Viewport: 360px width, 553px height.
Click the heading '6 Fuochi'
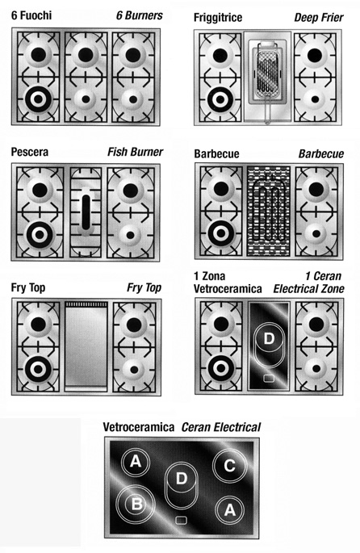tap(31, 15)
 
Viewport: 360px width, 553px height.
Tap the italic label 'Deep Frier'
tap(319, 17)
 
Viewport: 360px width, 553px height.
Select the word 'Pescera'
tap(30, 152)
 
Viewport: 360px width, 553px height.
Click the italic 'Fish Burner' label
tap(135, 152)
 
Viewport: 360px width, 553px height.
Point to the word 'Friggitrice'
tap(218, 18)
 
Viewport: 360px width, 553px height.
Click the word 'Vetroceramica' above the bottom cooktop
tap(139, 427)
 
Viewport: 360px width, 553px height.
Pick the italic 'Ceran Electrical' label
tap(221, 427)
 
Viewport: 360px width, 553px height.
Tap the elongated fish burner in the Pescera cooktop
tap(86, 213)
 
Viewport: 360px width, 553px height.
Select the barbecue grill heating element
tap(268, 210)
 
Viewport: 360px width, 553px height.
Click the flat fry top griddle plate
tap(86, 346)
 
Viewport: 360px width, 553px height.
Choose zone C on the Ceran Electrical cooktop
tap(229, 465)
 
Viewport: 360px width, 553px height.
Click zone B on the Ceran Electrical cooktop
tap(136, 504)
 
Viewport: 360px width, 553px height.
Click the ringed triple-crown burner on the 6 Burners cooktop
tap(39, 99)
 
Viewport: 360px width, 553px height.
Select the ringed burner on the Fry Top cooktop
tap(38, 369)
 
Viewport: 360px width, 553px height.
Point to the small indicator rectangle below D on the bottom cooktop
tap(182, 520)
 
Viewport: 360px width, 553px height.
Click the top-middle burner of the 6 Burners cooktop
tap(86, 54)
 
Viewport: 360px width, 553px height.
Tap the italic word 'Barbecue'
tap(321, 154)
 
